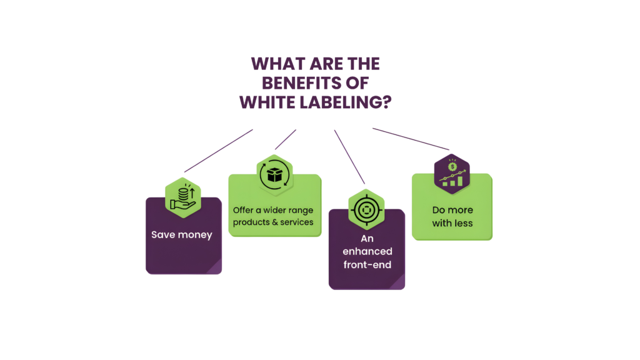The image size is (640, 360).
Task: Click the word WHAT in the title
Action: pos(272,64)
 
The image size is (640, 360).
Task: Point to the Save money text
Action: pos(182,235)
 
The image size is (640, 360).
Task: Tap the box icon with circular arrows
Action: pos(273,176)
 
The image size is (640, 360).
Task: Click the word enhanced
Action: pos(367,251)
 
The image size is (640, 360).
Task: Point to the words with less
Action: pos(452,222)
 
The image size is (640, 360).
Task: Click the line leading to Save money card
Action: pos(219,151)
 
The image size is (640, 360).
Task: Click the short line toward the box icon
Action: pos(286,139)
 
